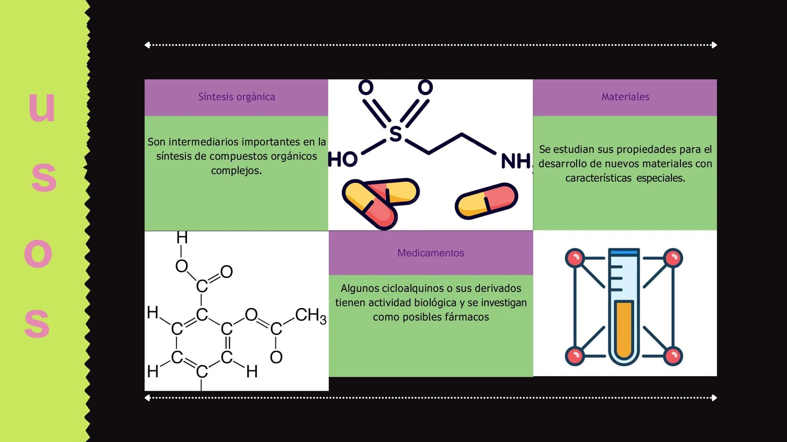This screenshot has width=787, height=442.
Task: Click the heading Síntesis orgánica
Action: [x=237, y=97]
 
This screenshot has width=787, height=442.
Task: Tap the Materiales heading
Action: [x=625, y=97]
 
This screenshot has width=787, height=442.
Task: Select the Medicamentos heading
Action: [x=430, y=253]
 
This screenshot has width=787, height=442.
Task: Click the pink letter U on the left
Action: [x=42, y=107]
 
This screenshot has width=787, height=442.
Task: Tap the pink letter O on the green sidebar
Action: [x=38, y=254]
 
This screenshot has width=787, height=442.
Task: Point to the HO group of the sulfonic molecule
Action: [x=343, y=160]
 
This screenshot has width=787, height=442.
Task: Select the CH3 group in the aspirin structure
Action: [x=310, y=316]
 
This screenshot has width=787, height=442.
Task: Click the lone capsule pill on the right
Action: [x=486, y=201]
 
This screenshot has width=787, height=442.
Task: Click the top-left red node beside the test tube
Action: [x=575, y=258]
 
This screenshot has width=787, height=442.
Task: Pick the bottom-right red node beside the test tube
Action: [x=673, y=356]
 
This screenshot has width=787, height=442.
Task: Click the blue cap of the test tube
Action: [x=623, y=252]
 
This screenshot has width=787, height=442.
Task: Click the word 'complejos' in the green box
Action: [x=236, y=171]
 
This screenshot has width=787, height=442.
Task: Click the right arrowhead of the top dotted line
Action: [x=714, y=45]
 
